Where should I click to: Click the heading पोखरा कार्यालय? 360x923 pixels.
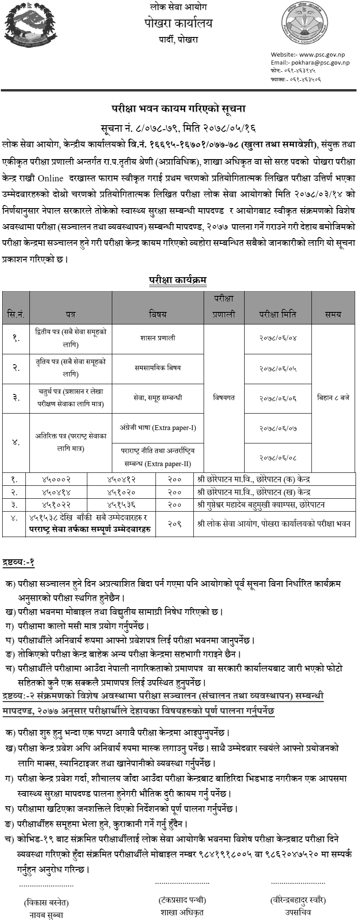[x=180, y=23]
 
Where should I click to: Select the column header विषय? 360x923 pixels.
[x=157, y=314]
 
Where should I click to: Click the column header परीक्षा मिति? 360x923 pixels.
[x=277, y=314]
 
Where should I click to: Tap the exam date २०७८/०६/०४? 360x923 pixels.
[x=278, y=338]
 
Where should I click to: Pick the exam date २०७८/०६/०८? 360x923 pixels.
[x=278, y=457]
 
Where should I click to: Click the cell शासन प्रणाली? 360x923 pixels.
[x=157, y=338]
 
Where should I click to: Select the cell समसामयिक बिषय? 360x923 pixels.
[x=157, y=368]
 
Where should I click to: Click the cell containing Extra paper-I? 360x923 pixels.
[x=157, y=428]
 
